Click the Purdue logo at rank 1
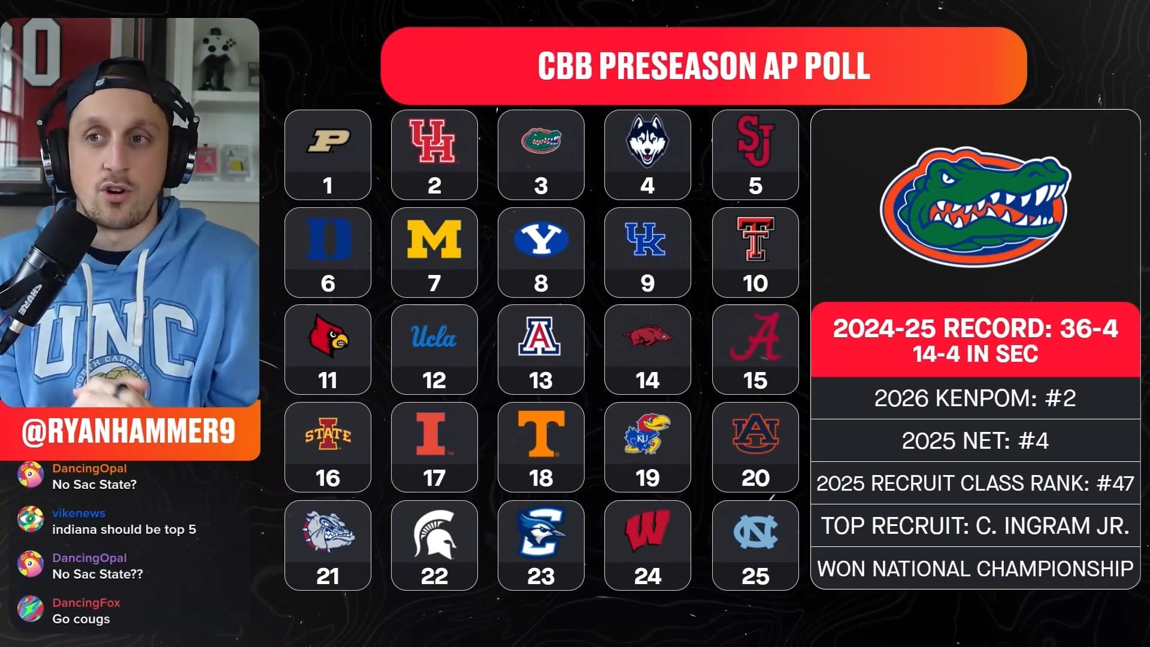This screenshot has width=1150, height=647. (328, 141)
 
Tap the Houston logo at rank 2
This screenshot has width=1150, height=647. (434, 141)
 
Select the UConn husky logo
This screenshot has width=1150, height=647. (647, 141)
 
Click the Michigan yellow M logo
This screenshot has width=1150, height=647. (434, 239)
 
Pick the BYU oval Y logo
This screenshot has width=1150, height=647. (541, 239)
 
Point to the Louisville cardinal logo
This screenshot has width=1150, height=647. (328, 336)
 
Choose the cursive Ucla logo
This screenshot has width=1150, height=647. (434, 337)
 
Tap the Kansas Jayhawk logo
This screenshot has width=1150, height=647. (647, 434)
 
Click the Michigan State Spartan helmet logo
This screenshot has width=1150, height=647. (434, 532)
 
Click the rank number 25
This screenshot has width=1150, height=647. (755, 576)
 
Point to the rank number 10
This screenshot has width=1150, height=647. (755, 283)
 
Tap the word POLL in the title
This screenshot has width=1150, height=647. (837, 66)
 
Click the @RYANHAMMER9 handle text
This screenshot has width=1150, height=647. (128, 431)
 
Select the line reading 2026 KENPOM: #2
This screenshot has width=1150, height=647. (975, 398)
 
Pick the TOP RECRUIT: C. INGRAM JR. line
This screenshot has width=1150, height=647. (975, 526)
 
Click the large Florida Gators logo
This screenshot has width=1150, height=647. (975, 207)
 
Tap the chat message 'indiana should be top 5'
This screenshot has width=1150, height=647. (124, 530)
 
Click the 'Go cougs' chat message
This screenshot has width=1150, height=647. (81, 619)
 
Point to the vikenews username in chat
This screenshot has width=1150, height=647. (78, 513)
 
